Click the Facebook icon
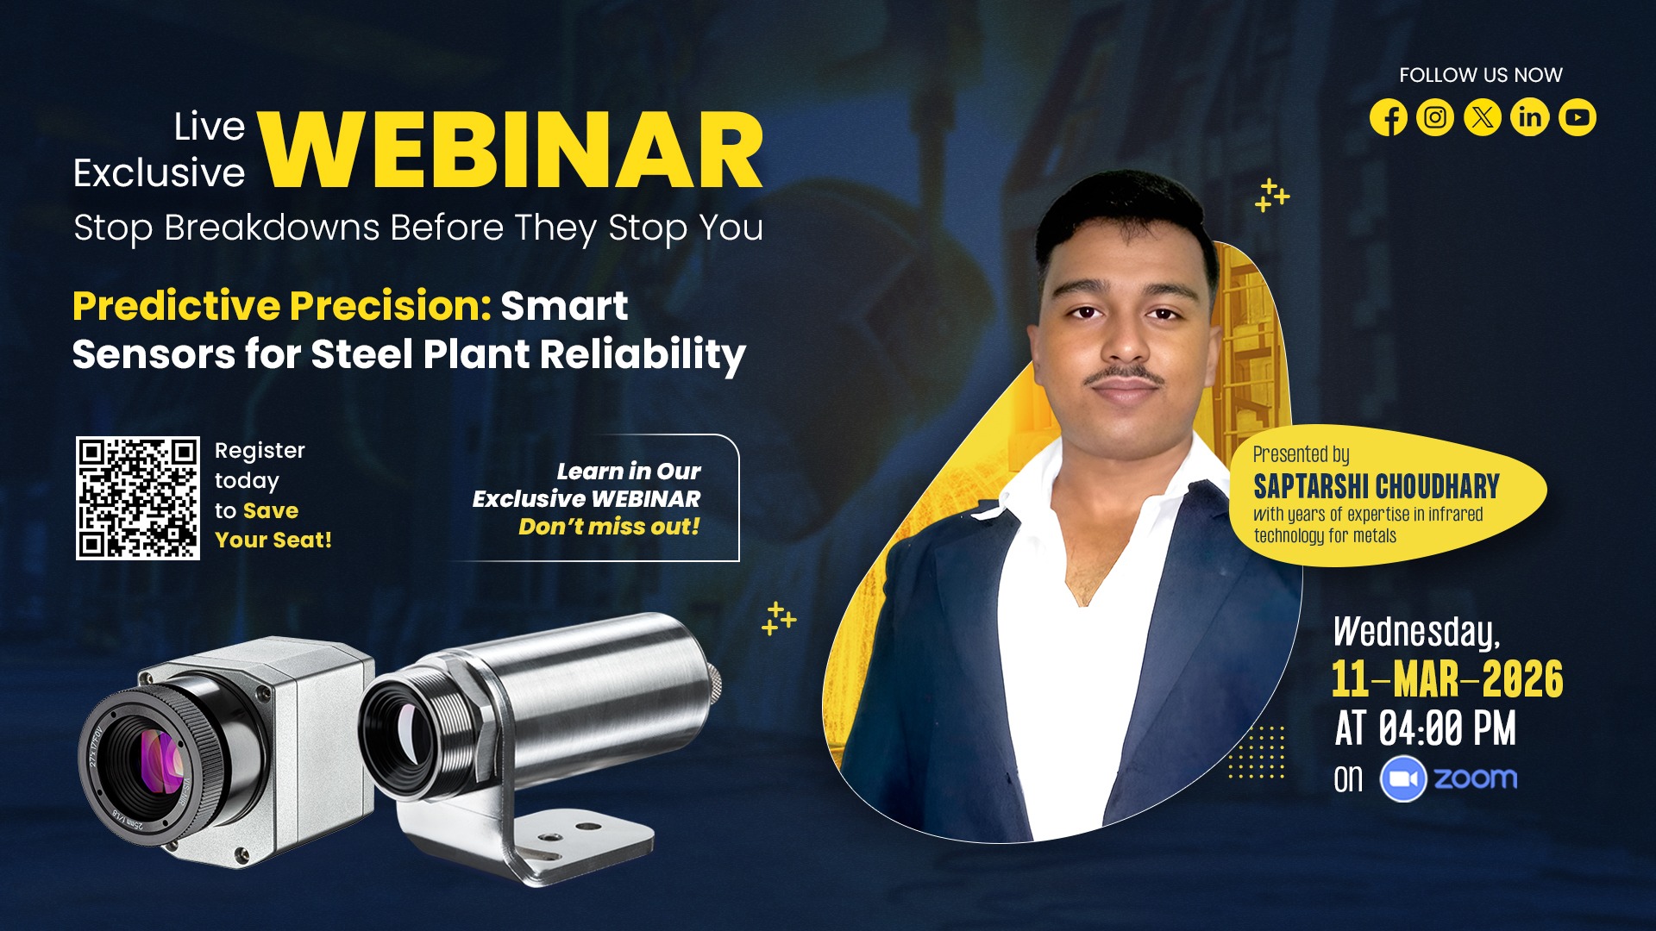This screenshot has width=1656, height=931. pos(1389,117)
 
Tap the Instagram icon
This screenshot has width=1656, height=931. pos(1435,117)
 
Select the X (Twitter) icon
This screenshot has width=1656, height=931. pos(1483,117)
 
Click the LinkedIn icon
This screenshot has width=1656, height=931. pos(1530,117)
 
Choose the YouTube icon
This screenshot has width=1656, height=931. pos(1578,117)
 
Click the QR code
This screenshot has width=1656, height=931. pos(138,498)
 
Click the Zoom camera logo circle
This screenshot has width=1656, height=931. pos(1403,779)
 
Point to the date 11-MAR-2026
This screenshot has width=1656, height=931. pos(1447,679)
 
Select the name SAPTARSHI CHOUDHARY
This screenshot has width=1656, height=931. pos(1377,487)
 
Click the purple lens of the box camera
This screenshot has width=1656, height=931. pos(160,760)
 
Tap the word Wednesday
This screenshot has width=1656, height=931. pos(1417,632)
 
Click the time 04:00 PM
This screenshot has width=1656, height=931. pos(1447,728)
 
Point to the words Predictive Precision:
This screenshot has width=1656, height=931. pos(282,306)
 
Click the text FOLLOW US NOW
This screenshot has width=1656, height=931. pos(1481,75)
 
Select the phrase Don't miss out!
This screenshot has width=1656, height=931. pos(609,527)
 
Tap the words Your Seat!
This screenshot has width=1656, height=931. pos(273,540)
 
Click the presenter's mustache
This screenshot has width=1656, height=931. pos(1124,376)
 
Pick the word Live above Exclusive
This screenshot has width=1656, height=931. pos(210,127)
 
